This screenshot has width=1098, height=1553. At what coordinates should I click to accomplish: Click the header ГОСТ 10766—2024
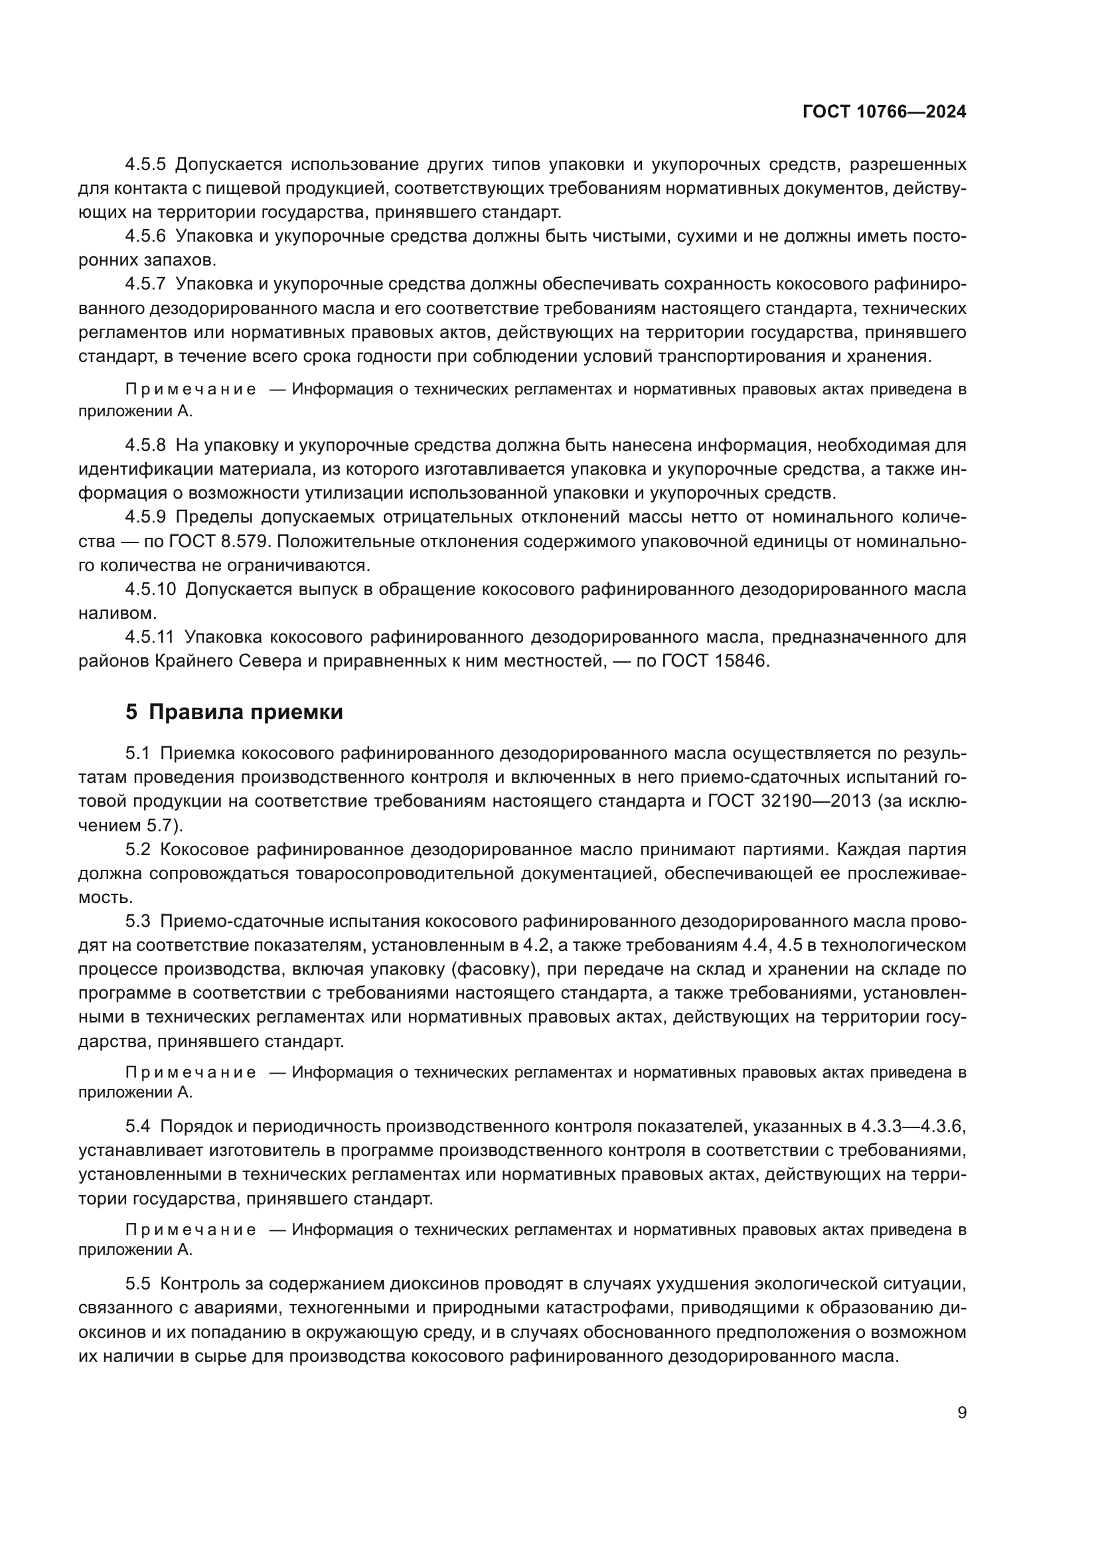point(884,112)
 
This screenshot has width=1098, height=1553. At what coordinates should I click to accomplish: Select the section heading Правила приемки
point(246,712)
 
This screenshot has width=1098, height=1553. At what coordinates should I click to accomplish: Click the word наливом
point(117,613)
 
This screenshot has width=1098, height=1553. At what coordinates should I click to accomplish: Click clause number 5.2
point(138,850)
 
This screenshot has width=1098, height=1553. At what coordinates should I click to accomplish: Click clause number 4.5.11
point(149,637)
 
